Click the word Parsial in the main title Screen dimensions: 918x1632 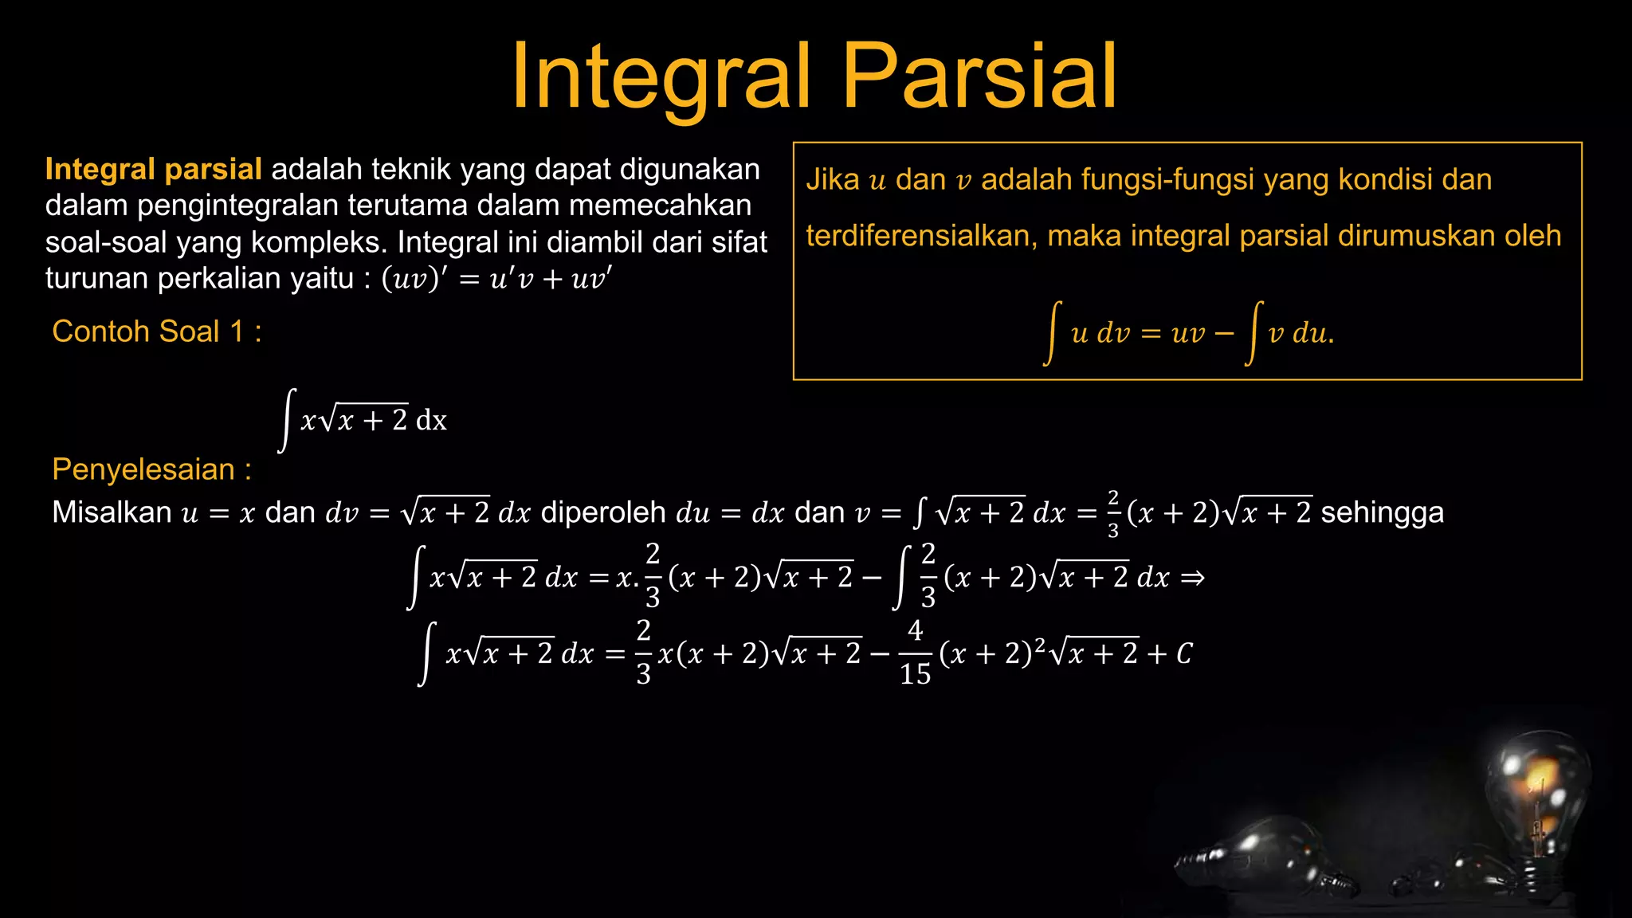coord(979,76)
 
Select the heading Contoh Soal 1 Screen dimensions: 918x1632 coord(156,331)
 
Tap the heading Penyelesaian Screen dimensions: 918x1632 coord(151,469)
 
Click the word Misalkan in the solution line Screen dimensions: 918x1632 coord(111,512)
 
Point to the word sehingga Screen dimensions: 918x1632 coord(1382,512)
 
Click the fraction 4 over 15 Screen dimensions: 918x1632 coord(915,653)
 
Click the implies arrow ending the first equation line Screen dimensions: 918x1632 coord(1192,578)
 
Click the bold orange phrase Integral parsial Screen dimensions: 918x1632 coord(153,170)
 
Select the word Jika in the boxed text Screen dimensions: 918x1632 coord(832,180)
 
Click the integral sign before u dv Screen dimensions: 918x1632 coord(1053,333)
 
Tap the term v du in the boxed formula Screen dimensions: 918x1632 coord(1299,333)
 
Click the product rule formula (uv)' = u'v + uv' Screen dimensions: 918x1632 coord(497,279)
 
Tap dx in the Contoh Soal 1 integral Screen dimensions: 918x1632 coord(431,420)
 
